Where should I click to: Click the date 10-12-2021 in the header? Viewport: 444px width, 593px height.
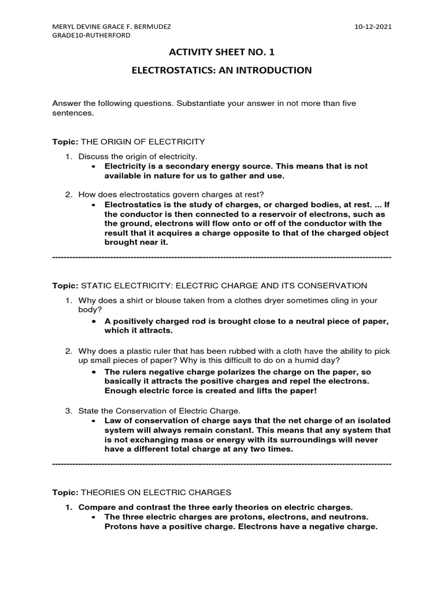point(372,26)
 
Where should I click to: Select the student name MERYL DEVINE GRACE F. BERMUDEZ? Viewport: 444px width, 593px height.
point(112,26)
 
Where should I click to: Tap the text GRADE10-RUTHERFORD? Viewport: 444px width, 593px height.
point(91,35)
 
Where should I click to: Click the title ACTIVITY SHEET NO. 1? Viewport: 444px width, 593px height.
point(221,53)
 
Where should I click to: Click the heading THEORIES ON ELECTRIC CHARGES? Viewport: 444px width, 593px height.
point(156,492)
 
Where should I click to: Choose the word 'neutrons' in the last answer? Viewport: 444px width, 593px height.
point(345,517)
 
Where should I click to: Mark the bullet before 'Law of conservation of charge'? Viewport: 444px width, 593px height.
point(94,420)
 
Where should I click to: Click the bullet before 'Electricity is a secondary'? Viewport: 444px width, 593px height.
point(94,166)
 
